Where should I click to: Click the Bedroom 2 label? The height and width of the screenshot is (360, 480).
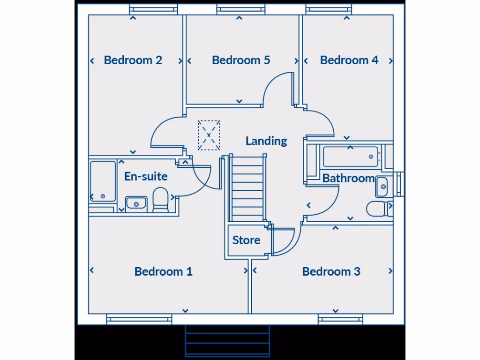[133, 60]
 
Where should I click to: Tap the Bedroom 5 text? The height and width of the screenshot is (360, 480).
[241, 60]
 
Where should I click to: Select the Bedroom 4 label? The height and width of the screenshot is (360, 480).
[349, 60]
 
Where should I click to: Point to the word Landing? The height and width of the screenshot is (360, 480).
[266, 141]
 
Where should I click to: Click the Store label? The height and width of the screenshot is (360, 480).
[246, 240]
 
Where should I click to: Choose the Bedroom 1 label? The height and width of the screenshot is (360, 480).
[163, 271]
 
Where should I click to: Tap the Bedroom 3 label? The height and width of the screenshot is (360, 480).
[331, 271]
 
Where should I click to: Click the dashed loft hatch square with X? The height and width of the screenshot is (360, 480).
[209, 135]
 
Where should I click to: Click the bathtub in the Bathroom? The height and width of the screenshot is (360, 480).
[351, 157]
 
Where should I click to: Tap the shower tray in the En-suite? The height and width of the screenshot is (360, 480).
[103, 181]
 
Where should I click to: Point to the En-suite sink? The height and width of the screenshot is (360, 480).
[136, 204]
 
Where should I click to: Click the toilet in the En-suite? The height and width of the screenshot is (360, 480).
[160, 199]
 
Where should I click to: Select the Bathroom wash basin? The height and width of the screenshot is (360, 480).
[382, 187]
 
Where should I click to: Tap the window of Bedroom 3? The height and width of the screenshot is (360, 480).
[340, 320]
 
